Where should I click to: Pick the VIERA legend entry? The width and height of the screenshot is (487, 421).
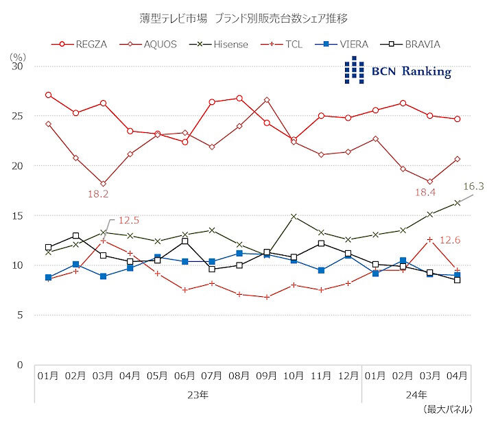tap(349, 44)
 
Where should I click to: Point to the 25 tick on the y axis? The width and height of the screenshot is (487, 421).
tap(19, 116)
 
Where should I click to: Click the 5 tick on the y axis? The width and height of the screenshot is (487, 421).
tap(21, 315)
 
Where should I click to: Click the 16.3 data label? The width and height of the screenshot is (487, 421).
tap(473, 186)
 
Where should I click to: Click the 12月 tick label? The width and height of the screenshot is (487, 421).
tap(348, 376)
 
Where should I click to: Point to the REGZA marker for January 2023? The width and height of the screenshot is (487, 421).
tap(48, 95)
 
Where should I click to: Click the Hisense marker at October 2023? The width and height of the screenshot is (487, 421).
tap(294, 217)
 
